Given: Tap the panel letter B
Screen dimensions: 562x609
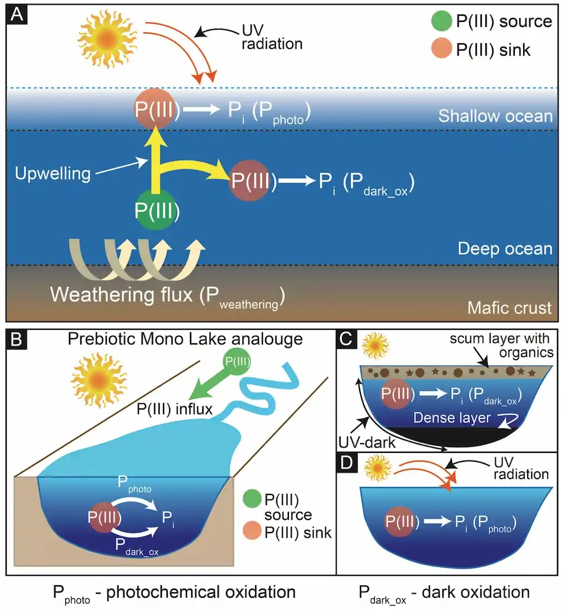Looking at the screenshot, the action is coord(16,339).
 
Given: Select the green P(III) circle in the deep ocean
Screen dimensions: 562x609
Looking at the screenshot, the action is coord(156,210).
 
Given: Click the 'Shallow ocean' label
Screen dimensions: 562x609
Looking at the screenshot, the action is coord(495,116).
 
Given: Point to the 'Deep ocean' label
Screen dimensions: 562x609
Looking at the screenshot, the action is coord(505,248).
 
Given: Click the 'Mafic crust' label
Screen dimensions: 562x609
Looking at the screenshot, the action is coord(509,308).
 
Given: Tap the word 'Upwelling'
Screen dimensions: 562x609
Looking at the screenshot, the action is coord(53,174).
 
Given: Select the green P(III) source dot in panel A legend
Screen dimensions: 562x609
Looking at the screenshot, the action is coord(442,20).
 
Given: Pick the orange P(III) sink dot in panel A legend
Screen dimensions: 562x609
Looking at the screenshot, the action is coord(442,48).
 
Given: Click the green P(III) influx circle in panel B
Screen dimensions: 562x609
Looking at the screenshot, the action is coord(238,362).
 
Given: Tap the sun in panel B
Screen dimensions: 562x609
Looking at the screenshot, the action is coord(99,380).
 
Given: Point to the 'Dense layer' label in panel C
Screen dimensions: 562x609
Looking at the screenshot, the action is coord(452,417).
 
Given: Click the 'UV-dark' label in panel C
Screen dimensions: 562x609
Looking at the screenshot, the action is coord(367,442).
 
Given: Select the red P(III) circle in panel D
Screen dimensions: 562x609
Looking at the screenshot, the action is coord(400,521).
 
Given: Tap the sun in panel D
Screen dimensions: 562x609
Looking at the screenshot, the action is coord(378,468).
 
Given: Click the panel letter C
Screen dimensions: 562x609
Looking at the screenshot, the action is coord(346,339).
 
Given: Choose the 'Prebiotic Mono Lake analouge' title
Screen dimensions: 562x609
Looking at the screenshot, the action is coord(185,339).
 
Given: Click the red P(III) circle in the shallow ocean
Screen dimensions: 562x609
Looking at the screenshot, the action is coord(155,109).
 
